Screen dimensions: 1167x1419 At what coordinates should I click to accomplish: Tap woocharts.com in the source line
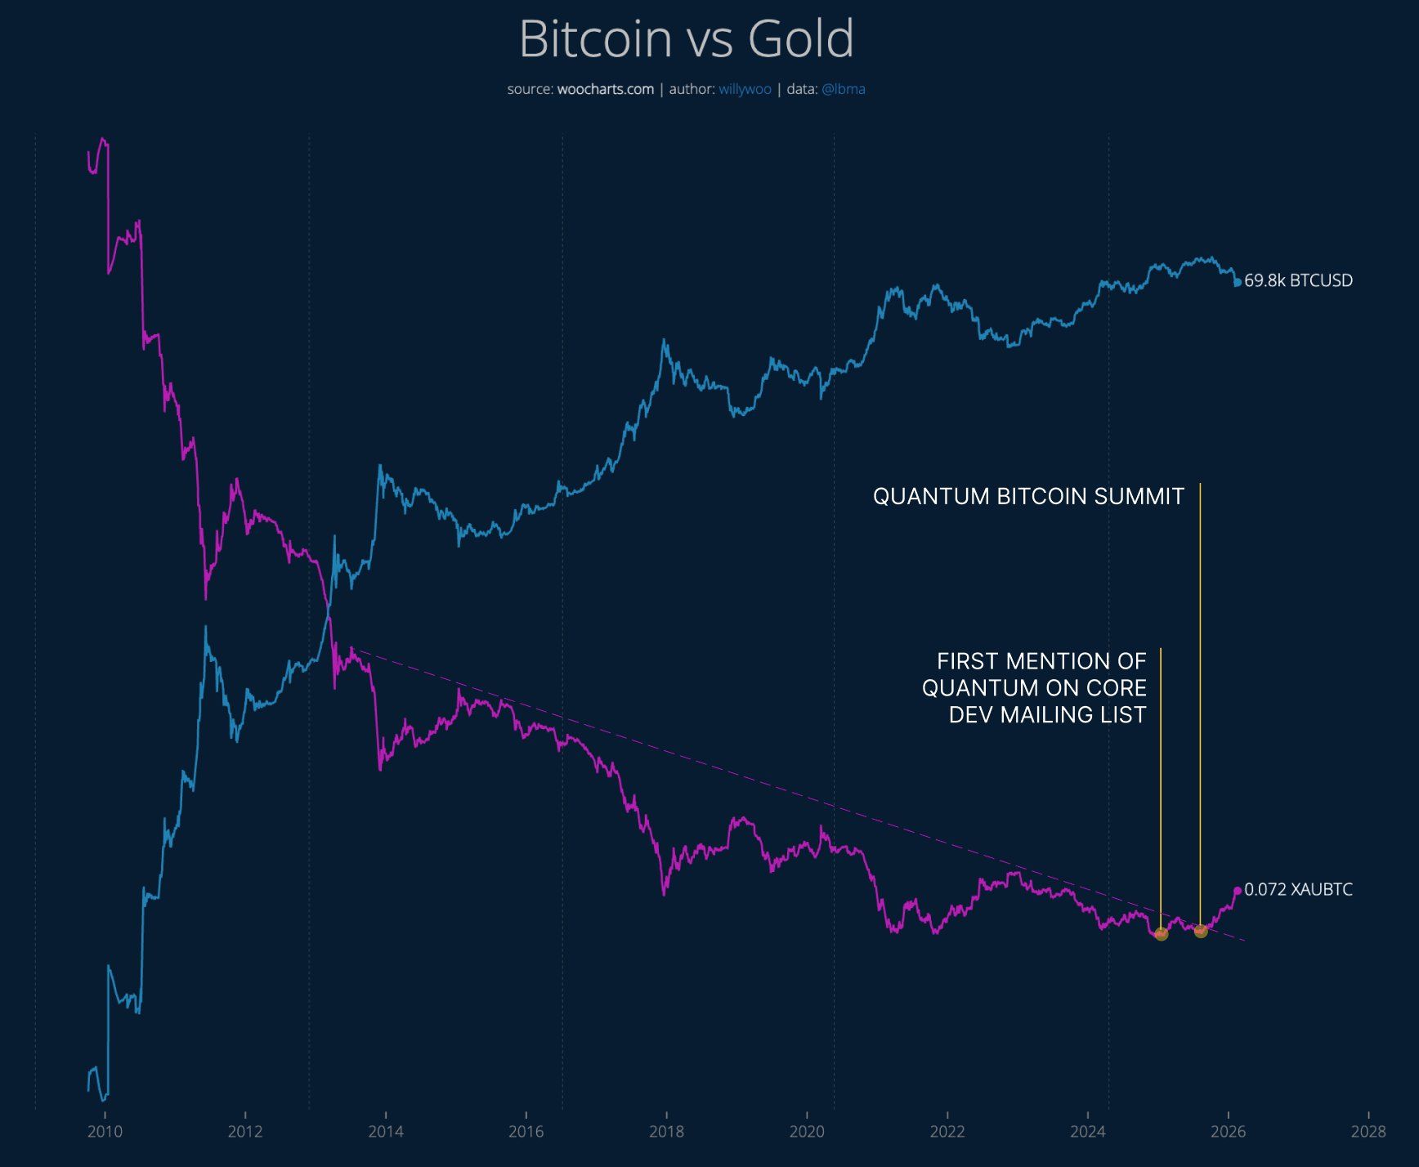click(x=605, y=89)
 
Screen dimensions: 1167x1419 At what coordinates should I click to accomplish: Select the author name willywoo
click(x=745, y=89)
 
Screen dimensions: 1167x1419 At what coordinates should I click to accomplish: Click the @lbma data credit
click(x=843, y=89)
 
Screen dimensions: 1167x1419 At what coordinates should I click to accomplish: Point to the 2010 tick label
click(x=105, y=1131)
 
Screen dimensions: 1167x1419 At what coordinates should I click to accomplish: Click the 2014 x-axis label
click(x=385, y=1131)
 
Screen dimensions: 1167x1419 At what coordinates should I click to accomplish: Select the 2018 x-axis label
click(x=666, y=1131)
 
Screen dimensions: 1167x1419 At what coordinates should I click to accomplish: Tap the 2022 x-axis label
click(x=947, y=1131)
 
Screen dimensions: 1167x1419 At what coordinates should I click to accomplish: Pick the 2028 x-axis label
click(x=1368, y=1131)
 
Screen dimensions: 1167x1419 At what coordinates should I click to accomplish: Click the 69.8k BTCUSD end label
click(x=1298, y=280)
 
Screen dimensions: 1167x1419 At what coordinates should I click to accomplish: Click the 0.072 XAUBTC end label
click(x=1298, y=889)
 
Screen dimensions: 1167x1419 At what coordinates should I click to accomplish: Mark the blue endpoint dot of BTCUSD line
click(x=1238, y=282)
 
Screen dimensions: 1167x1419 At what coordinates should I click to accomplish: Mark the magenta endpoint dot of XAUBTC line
click(x=1238, y=891)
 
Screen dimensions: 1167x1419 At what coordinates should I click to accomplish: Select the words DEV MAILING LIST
click(x=1047, y=714)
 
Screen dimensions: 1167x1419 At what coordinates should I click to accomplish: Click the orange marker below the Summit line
click(x=1200, y=931)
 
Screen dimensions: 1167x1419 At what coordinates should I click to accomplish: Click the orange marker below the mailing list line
click(x=1161, y=934)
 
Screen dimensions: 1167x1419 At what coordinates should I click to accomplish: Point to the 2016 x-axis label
click(x=526, y=1131)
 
